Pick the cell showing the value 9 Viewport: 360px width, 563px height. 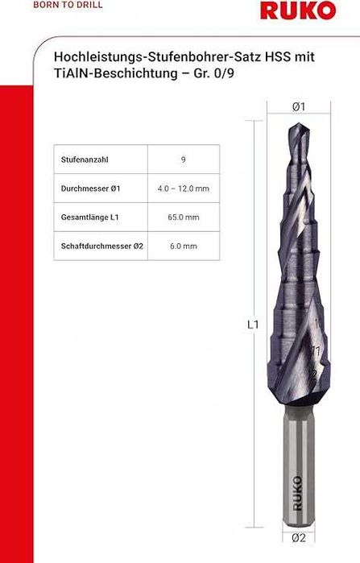pyautogui.click(x=184, y=159)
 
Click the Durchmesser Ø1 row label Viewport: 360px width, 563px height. pyautogui.click(x=90, y=188)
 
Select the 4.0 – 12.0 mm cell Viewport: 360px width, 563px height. pyautogui.click(x=184, y=188)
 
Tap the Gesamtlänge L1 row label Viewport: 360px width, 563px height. pyautogui.click(x=90, y=217)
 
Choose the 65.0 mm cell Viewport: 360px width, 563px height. pyautogui.click(x=184, y=217)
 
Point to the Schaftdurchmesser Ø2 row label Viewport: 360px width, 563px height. pyautogui.click(x=101, y=246)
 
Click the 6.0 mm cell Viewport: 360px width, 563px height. pyautogui.click(x=184, y=246)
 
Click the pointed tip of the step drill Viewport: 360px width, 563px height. pyautogui.click(x=297, y=126)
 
